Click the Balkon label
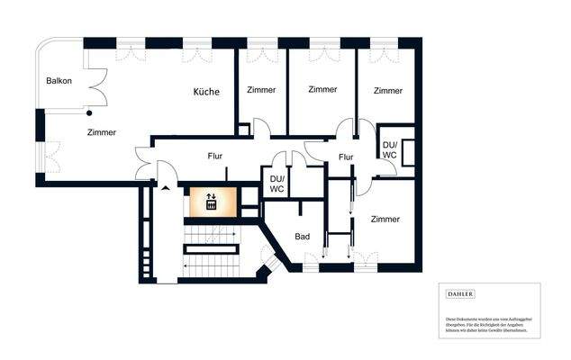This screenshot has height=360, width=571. click(x=59, y=82)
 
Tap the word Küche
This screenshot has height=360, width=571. click(x=207, y=92)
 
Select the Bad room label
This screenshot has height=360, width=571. click(x=303, y=237)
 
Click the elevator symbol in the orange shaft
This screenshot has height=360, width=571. click(x=211, y=202)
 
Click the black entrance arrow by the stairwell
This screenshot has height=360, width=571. click(x=165, y=188)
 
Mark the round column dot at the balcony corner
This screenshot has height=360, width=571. click(x=88, y=113)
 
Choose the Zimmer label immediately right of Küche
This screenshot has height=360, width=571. click(x=260, y=90)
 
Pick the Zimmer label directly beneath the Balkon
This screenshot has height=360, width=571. click(x=102, y=132)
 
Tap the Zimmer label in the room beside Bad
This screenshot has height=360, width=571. click(x=385, y=219)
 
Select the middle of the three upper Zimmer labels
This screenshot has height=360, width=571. click(x=322, y=90)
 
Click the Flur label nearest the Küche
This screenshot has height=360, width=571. click(x=215, y=156)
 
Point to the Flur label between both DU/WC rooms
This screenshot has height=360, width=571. click(x=346, y=157)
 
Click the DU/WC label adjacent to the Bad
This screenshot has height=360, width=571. click(x=277, y=184)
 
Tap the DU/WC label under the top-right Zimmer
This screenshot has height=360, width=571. click(x=390, y=149)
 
